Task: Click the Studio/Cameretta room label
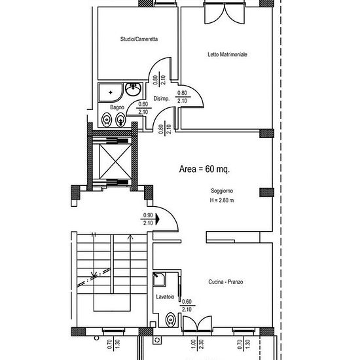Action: coord(139,39)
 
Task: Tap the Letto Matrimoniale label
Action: coord(227,54)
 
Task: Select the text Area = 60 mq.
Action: coord(204,170)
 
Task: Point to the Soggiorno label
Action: coord(222,190)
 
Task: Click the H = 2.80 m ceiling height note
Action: coord(222,200)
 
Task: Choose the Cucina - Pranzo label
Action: coord(225,281)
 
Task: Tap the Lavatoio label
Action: coord(165,297)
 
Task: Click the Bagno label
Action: coord(117,107)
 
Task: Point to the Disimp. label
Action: coord(162,99)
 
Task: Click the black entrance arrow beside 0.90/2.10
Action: coord(157,219)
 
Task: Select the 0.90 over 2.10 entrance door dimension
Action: coord(148,219)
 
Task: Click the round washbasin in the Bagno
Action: coord(133,89)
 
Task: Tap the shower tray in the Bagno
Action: coord(111,92)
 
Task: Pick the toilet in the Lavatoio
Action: coord(170,319)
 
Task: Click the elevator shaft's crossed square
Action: coord(115,161)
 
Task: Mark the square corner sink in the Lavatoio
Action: coord(159,279)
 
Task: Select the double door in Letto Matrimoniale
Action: coord(225,14)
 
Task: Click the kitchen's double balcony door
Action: coord(197,323)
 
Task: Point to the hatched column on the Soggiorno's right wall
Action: coord(266,192)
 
